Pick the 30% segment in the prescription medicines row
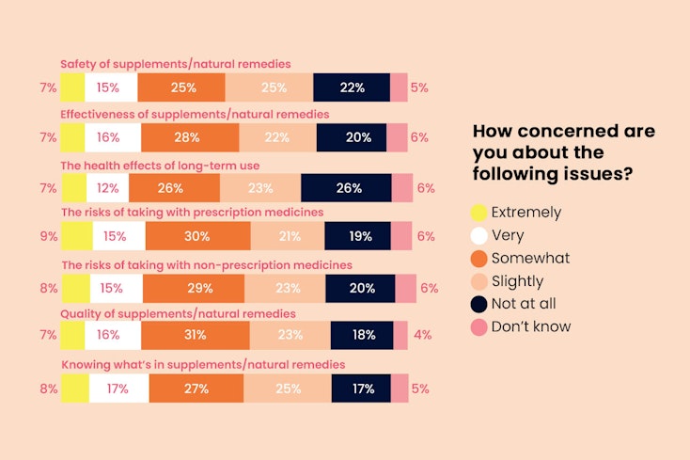197,236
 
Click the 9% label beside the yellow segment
49,236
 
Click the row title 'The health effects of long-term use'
158,164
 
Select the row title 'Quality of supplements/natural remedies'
178,312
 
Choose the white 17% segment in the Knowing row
118,388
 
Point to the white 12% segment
107,188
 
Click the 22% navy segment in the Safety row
351,87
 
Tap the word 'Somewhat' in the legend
531,258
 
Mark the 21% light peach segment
287,236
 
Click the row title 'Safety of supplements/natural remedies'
175,64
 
